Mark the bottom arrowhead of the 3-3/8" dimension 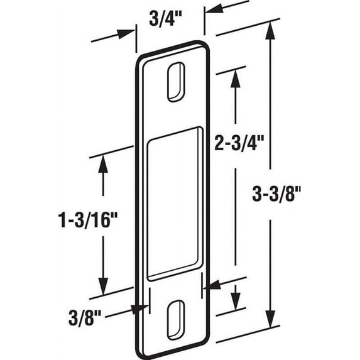point(271,324)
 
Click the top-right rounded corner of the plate point(204,46)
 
